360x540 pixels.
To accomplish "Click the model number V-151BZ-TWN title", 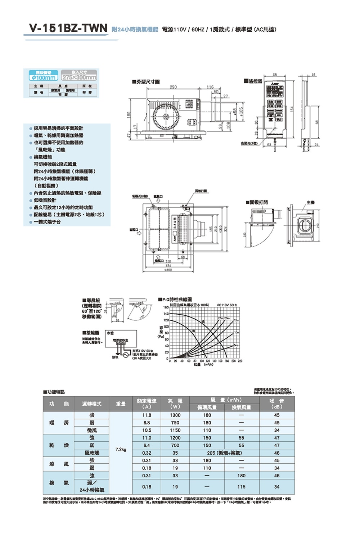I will (x=68, y=28).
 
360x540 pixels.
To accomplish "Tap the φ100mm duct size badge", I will (x=43, y=77).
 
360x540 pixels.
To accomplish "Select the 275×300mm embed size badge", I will (x=79, y=77).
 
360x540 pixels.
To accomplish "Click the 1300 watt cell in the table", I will (x=175, y=415).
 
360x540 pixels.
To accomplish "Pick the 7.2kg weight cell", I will (x=121, y=449).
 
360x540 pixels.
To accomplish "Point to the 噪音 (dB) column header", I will (x=276, y=404).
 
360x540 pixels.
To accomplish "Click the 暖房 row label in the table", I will (x=59, y=423).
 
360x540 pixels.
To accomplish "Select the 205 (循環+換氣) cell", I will (x=224, y=453).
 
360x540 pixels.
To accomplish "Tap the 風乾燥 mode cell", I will (x=92, y=453).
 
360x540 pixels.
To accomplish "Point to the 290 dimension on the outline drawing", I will (x=173, y=87).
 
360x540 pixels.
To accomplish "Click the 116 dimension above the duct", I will (x=210, y=87).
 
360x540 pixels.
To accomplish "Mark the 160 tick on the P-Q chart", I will (x=166, y=307).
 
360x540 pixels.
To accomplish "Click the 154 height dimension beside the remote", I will (x=293, y=108).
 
